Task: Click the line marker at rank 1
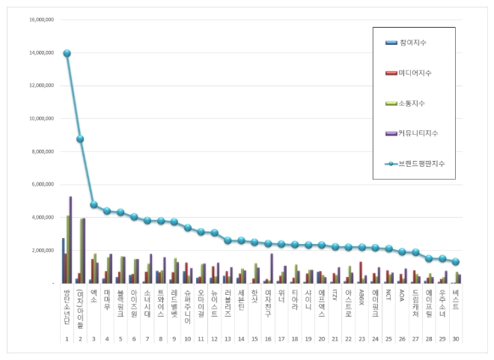point(67,53)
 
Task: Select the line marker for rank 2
point(80,138)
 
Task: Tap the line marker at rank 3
point(94,204)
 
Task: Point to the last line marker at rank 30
point(457,261)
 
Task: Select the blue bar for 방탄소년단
point(63,260)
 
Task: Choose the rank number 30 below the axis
point(457,339)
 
